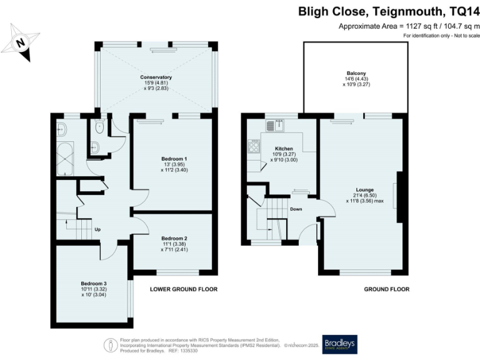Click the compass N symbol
[x=20, y=42]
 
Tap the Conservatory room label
[x=156, y=77]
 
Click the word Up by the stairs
[x=97, y=228]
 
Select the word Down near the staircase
[x=296, y=209]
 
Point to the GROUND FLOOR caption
[x=387, y=289]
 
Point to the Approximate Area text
[x=409, y=26]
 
